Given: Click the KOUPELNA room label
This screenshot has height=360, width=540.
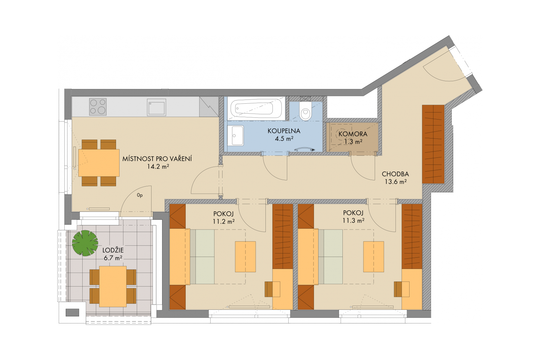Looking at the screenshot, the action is (x=284, y=131).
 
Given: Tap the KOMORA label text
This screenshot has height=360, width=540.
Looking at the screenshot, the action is (x=353, y=134).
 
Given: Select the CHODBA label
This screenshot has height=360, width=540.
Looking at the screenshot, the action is (x=396, y=174).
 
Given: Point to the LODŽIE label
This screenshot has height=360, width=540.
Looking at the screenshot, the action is (x=113, y=250).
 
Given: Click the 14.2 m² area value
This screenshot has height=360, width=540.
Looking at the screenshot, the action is (x=158, y=166).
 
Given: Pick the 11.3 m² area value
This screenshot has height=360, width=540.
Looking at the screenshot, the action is (x=353, y=220).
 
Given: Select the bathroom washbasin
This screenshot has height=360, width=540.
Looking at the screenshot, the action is (x=236, y=135).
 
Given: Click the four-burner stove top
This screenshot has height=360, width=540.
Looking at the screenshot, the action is (x=98, y=107).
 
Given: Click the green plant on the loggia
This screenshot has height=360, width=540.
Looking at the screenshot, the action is (x=85, y=243).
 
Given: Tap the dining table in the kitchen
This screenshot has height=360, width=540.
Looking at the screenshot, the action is (x=99, y=163).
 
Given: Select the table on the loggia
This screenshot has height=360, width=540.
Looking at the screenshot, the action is (x=113, y=287).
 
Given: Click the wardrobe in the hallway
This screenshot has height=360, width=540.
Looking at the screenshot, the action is (x=433, y=144).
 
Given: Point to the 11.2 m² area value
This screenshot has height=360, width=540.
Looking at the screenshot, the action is (x=224, y=221).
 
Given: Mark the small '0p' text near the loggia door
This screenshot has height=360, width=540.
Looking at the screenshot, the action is (x=140, y=195).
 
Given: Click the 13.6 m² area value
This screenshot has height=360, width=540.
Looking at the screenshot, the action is (x=396, y=182).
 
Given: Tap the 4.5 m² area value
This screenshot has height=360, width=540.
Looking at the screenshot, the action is (x=284, y=139).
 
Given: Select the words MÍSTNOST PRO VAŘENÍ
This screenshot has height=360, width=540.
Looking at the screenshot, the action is (x=157, y=159).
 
